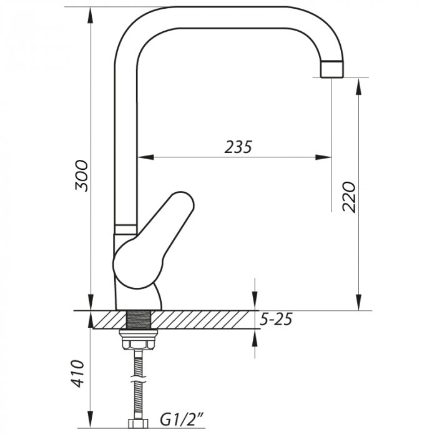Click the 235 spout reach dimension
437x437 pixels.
[x=238, y=147]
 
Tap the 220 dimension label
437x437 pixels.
[x=350, y=197]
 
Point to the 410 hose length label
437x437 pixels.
[x=78, y=373]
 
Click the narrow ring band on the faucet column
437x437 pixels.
[x=125, y=227]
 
